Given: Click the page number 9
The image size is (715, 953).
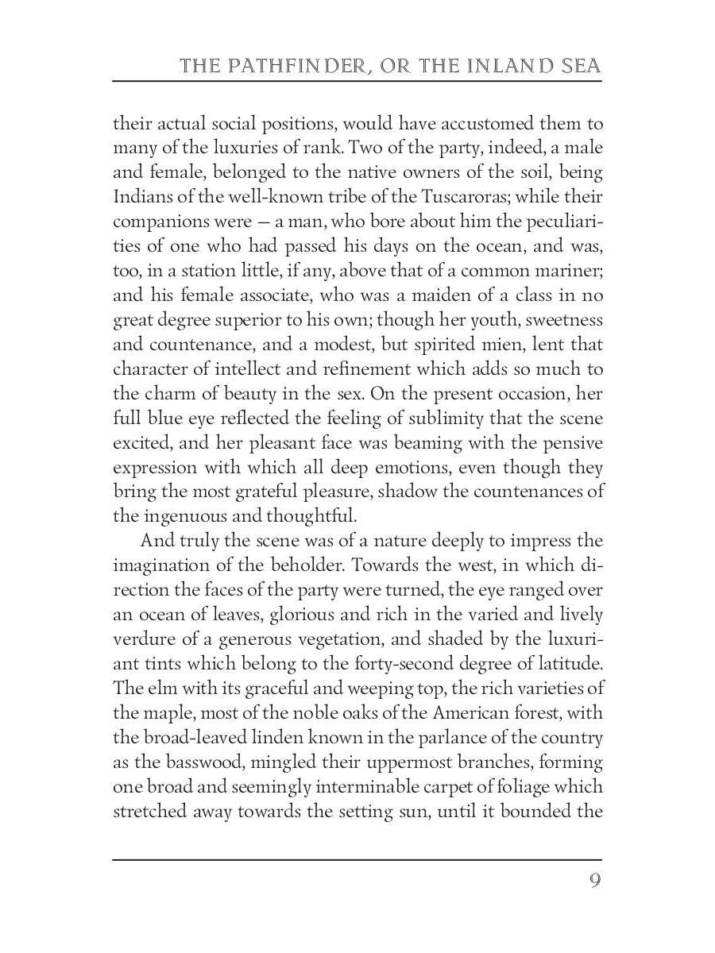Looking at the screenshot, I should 594,881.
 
